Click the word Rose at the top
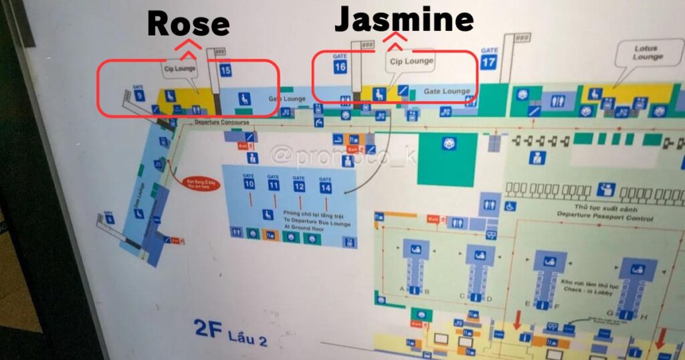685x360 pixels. pyautogui.click(x=188, y=24)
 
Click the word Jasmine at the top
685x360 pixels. pyautogui.click(x=404, y=19)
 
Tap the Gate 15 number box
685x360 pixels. pyautogui.click(x=225, y=70)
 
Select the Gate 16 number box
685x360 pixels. pyautogui.click(x=340, y=66)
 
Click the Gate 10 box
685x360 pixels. pyautogui.click(x=249, y=183)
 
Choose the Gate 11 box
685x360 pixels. pyautogui.click(x=274, y=185)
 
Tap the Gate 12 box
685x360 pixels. pyautogui.click(x=299, y=186)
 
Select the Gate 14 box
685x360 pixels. pyautogui.click(x=325, y=187)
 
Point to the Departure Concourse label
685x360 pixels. pyautogui.click(x=221, y=123)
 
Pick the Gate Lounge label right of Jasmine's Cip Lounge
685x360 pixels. pyautogui.click(x=448, y=92)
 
